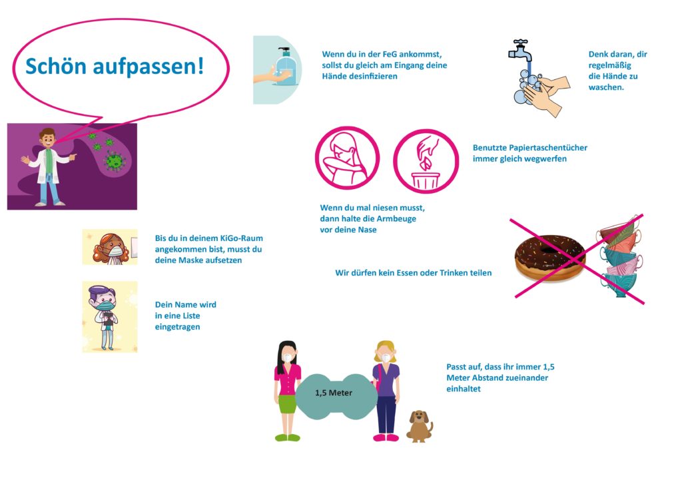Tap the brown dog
pos(420,426)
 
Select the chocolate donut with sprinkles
pos(550,258)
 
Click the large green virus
pos(115,162)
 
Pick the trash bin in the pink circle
pos(426,181)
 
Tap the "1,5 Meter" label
pos(334,393)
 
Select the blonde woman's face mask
pos(386,358)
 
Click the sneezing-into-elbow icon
pos(347,158)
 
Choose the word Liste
pos(190,316)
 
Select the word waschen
pos(606,87)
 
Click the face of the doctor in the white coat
pos(47,140)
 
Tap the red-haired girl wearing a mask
pos(111,248)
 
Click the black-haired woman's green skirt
pos(287,404)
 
